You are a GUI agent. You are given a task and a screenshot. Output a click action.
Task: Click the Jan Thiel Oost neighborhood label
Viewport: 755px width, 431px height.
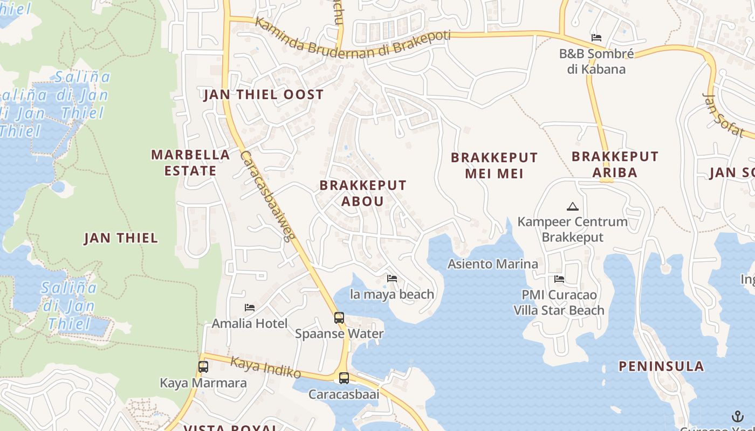(263, 95)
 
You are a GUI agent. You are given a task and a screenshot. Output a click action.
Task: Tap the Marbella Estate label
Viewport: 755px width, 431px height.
(190, 163)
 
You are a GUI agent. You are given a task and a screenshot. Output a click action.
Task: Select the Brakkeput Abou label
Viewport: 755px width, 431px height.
(363, 193)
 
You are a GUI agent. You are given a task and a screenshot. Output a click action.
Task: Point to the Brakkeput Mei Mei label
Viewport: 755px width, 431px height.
(494, 165)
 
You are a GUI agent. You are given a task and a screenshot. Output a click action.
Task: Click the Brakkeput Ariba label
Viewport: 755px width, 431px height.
(615, 164)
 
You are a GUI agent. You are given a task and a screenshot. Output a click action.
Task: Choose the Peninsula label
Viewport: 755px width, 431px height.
(661, 366)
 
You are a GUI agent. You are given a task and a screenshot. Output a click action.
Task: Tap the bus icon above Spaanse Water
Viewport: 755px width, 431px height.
(339, 318)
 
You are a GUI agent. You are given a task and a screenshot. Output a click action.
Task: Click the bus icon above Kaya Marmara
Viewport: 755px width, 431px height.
(203, 367)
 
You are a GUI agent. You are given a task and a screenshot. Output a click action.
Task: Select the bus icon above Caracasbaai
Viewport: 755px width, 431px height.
(344, 378)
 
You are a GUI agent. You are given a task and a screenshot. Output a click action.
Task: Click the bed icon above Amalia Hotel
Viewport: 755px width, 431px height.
(250, 308)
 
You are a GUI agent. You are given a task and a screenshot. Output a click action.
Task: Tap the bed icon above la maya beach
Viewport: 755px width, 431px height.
(392, 279)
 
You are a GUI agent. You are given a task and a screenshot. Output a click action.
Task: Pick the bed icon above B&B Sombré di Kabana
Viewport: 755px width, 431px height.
(596, 38)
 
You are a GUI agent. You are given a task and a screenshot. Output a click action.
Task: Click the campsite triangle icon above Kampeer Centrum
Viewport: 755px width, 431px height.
(572, 206)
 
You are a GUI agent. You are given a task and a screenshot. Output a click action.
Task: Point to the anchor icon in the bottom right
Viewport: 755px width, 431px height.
(737, 416)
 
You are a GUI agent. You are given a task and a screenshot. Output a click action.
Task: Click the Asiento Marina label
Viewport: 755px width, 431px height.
(493, 264)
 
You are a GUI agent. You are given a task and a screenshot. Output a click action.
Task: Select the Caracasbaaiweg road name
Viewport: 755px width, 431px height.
(267, 197)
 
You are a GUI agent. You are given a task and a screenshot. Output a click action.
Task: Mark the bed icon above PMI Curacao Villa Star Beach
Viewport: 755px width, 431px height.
(559, 279)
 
